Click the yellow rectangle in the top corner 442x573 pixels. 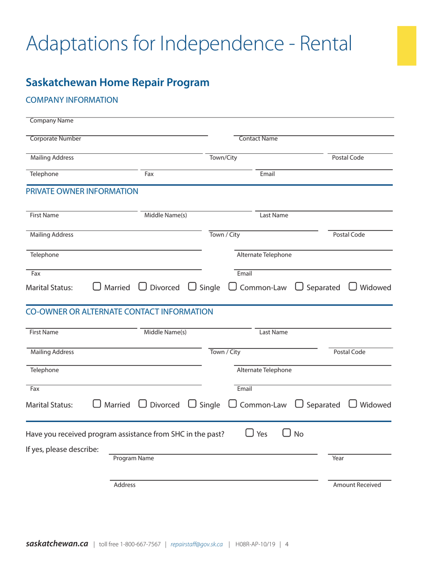tap(406, 46)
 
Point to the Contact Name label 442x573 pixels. tap(258, 138)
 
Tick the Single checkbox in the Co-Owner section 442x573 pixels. tap(193, 405)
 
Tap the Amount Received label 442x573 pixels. tap(357, 485)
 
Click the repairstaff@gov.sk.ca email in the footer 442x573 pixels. tap(197, 544)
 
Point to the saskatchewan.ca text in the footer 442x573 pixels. tap(57, 544)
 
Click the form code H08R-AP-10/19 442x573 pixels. tap(254, 544)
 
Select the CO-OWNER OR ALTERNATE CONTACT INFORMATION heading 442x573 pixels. tap(120, 311)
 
